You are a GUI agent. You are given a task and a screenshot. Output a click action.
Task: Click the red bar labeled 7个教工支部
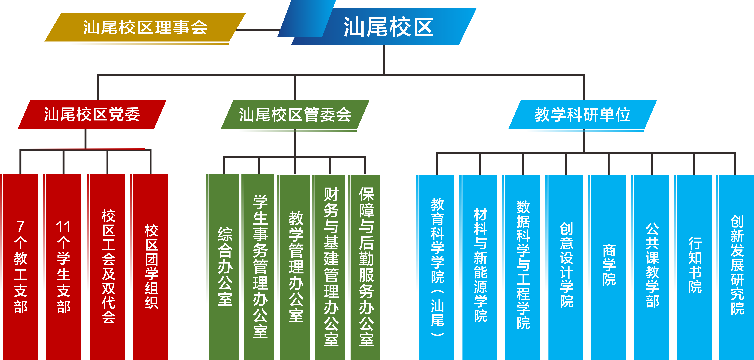[x=20, y=266]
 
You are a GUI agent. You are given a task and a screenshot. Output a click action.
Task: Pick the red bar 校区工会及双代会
[x=108, y=266]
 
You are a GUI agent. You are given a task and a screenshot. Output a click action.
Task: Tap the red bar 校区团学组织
[x=151, y=266]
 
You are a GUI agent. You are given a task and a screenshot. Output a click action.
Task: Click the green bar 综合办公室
[x=225, y=266]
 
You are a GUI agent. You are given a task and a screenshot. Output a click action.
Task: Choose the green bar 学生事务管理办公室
[x=260, y=266]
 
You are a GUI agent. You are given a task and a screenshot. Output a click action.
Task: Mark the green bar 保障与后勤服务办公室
[x=366, y=266]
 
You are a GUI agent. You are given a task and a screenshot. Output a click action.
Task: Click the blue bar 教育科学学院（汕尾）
[x=437, y=266]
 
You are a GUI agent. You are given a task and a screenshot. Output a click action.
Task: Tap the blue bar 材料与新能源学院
[x=480, y=266]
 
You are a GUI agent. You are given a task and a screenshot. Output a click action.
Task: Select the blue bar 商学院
[x=609, y=266]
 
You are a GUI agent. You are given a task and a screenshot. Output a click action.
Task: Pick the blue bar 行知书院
[x=695, y=266]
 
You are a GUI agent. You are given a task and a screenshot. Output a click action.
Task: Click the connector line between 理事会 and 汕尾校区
[x=258, y=30]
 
